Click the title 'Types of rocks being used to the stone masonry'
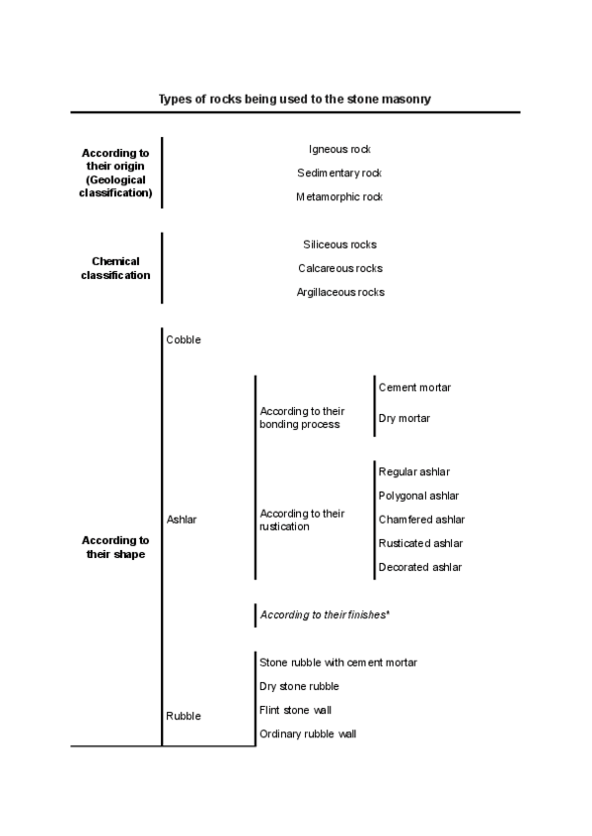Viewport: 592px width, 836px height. click(295, 100)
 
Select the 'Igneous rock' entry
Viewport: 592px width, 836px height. click(339, 149)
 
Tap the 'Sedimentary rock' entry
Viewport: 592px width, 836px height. click(339, 174)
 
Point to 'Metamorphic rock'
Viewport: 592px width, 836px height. click(339, 197)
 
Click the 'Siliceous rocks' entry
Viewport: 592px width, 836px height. click(339, 244)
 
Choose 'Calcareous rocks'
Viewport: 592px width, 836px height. click(339, 268)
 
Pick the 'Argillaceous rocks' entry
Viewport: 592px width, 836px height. click(339, 292)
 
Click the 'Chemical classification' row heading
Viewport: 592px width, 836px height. click(115, 268)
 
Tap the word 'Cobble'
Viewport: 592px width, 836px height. click(184, 340)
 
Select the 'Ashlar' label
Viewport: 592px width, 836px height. click(182, 520)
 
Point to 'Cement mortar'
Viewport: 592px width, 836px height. click(414, 388)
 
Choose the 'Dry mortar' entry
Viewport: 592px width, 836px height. click(405, 419)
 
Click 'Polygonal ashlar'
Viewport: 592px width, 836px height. click(418, 496)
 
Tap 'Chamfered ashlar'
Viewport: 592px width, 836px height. click(421, 520)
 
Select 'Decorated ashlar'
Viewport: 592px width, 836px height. click(420, 568)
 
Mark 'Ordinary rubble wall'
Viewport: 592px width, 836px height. click(308, 734)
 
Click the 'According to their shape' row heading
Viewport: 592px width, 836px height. click(115, 547)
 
